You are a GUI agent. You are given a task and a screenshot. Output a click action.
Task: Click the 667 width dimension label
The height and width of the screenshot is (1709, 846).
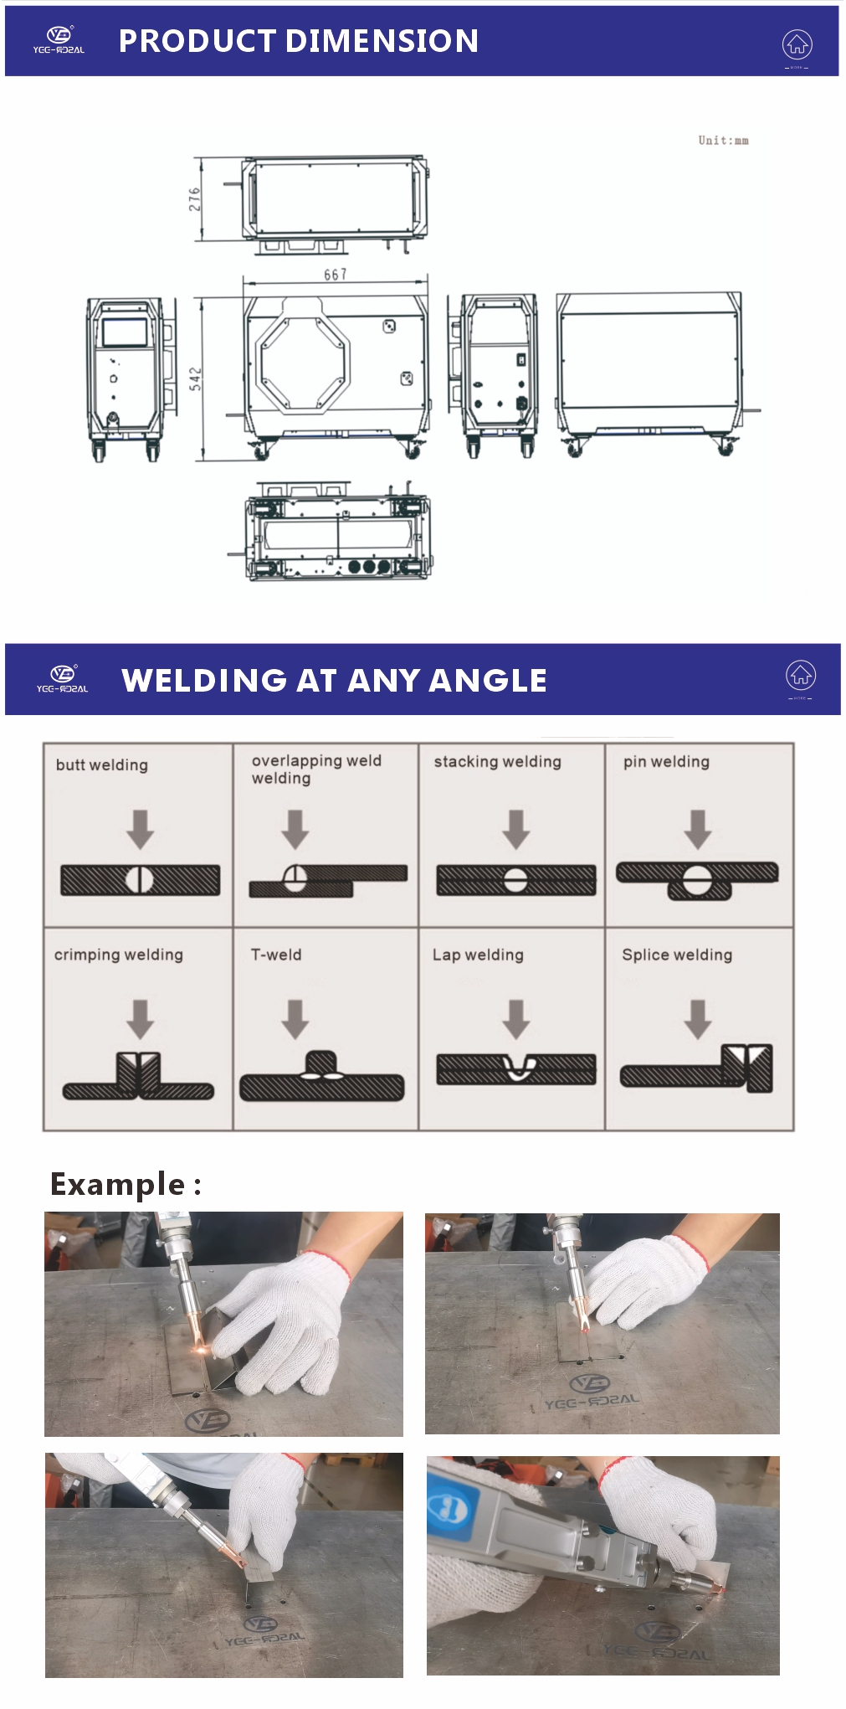(x=335, y=275)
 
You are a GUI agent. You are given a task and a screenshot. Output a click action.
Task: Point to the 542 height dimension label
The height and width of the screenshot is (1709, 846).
(x=195, y=378)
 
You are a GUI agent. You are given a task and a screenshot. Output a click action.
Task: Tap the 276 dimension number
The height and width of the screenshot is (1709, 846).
(x=194, y=198)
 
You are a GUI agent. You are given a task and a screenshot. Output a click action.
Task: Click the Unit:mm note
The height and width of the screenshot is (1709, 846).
(x=723, y=141)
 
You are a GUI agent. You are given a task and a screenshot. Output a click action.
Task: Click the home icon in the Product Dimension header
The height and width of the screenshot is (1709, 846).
(x=797, y=44)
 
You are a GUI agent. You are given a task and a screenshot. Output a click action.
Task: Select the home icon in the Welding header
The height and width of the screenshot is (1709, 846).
(x=800, y=675)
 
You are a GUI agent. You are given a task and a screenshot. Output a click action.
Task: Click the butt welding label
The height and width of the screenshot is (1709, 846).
(x=101, y=764)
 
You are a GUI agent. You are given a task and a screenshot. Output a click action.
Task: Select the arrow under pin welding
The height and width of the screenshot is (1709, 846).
(x=697, y=829)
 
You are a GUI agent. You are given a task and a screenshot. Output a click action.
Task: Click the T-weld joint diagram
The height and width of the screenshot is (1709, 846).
(x=321, y=1077)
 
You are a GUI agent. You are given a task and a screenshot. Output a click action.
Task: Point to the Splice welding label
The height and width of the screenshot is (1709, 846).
(x=676, y=955)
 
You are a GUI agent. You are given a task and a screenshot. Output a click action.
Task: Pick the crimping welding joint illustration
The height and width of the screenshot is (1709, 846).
(x=138, y=1077)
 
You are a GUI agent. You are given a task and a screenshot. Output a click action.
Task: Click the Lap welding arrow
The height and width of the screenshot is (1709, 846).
(x=516, y=1019)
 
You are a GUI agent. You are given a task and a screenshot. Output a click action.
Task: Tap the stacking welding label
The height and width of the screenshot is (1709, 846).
(x=497, y=761)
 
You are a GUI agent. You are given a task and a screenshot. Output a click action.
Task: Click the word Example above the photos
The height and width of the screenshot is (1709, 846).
(x=117, y=1184)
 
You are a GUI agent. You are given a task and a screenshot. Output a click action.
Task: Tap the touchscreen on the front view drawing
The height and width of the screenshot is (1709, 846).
(x=124, y=332)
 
